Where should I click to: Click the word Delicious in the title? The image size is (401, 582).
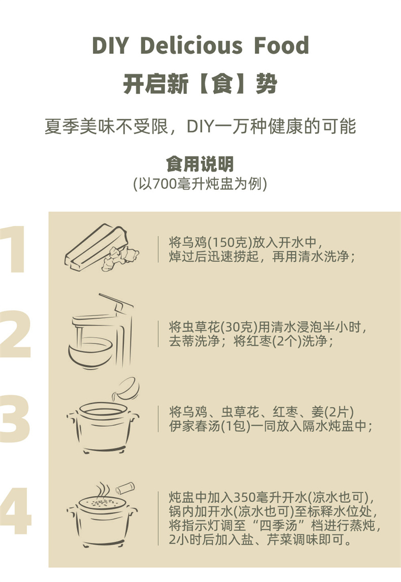pyautogui.click(x=191, y=45)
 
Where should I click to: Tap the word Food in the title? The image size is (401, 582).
pyautogui.click(x=281, y=45)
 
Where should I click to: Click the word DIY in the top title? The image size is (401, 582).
pyautogui.click(x=110, y=45)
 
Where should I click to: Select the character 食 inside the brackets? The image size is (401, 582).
pyautogui.click(x=222, y=84)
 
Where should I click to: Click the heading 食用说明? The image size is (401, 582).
pyautogui.click(x=200, y=164)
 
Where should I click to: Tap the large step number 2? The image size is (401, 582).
pyautogui.click(x=15, y=334)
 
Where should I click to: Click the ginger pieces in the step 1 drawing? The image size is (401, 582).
pyautogui.click(x=120, y=257)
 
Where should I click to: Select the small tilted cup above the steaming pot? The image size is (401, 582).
pyautogui.click(x=125, y=488)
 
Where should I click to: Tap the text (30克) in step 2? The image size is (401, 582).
pyautogui.click(x=239, y=327)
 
